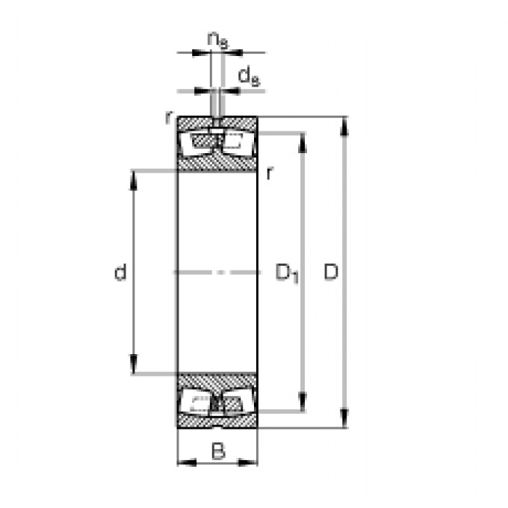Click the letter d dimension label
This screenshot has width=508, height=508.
[120, 273]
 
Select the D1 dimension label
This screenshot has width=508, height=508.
[287, 273]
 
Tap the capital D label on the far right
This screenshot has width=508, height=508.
[331, 273]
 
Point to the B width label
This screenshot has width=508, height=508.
[217, 450]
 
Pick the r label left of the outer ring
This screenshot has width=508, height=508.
[170, 118]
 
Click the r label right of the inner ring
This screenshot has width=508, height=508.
[269, 173]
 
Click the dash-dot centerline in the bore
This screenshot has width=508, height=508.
[217, 272]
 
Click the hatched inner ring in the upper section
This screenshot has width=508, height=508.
[217, 162]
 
